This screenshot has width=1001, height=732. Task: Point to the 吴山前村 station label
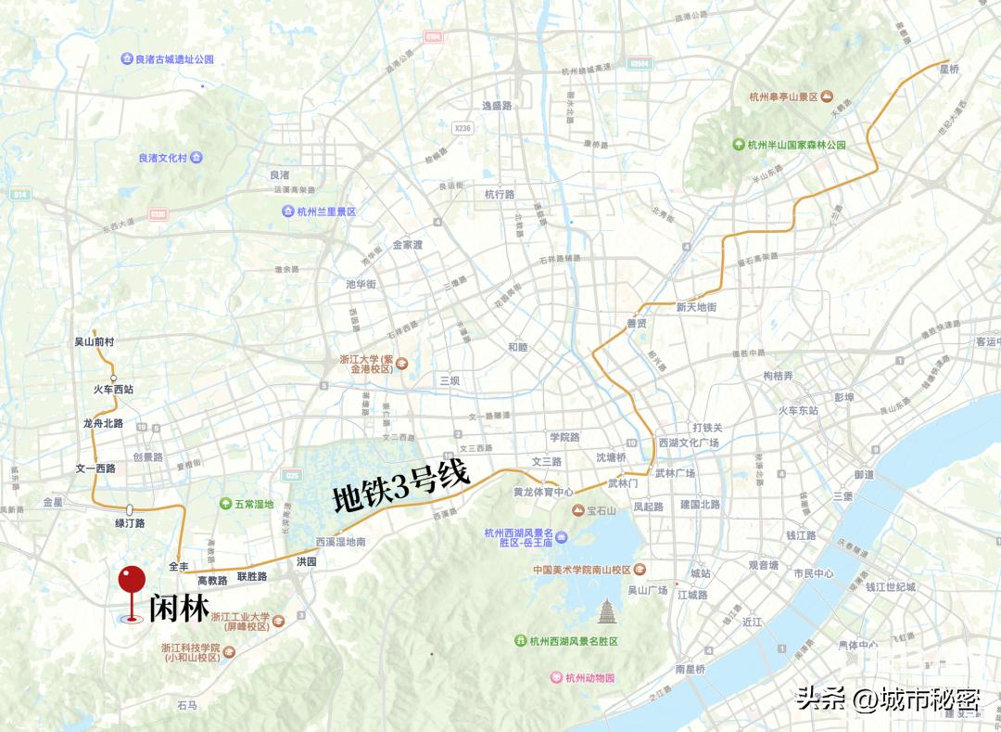click(94, 341)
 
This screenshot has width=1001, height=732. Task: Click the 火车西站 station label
click(113, 390)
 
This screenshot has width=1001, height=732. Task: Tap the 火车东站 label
click(798, 410)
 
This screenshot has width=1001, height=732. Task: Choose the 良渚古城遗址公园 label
click(174, 59)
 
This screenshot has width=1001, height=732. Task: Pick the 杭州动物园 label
click(589, 677)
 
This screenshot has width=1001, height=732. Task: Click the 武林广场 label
click(675, 473)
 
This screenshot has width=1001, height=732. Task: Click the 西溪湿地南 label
click(340, 541)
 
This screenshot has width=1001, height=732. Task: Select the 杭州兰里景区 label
click(325, 212)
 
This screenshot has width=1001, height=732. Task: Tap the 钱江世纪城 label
click(890, 586)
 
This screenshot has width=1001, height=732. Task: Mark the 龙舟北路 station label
click(103, 423)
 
